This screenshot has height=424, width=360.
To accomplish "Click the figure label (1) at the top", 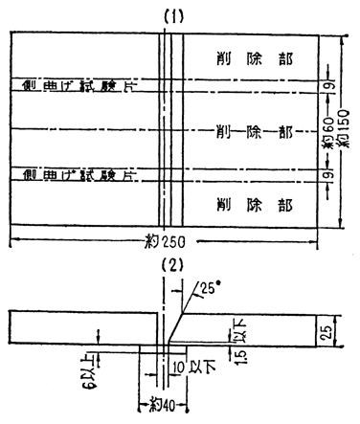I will tap(173, 15).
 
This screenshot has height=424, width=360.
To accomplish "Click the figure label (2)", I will tap(173, 264).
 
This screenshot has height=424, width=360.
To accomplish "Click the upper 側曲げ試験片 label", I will tap(71, 86).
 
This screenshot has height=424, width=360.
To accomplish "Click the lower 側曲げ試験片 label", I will tap(71, 174).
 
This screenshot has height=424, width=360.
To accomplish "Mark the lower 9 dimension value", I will tap(328, 174).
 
